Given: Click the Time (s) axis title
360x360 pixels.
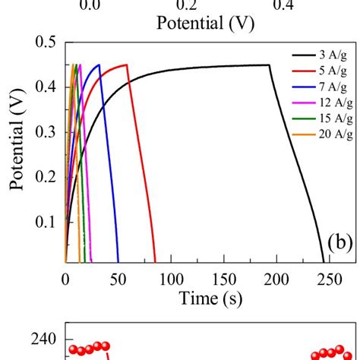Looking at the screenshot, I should [x=210, y=298].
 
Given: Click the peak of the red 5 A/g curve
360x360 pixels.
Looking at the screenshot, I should [x=126, y=65].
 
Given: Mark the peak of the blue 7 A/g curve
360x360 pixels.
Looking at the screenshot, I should [x=99, y=65].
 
